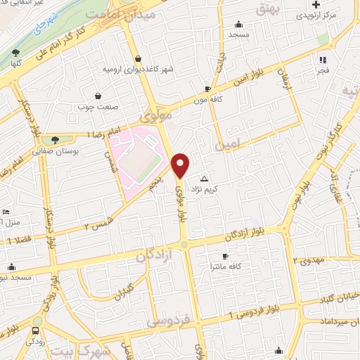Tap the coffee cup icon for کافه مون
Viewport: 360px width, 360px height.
(x=207, y=89)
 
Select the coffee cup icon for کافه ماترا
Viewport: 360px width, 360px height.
(x=224, y=256)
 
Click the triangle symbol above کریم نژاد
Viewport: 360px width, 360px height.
(x=205, y=179)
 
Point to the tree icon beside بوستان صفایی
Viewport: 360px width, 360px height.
(x=55, y=139)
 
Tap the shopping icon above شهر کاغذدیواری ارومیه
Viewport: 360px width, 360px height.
(x=138, y=59)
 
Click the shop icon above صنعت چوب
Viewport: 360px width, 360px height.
(x=98, y=96)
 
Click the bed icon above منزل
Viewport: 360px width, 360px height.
(x=6, y=212)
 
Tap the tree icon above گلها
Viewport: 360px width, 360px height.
(x=15, y=52)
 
